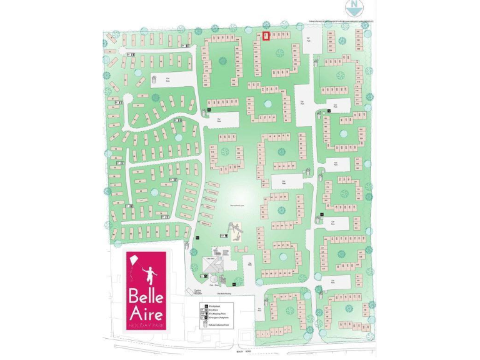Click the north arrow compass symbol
pyautogui.click(x=354, y=7)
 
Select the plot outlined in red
pyautogui.click(x=265, y=36)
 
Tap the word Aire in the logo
pyautogui.click(x=146, y=313)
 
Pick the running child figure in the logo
pyautogui.click(x=149, y=274)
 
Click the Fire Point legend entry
pyautogui.click(x=211, y=307)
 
